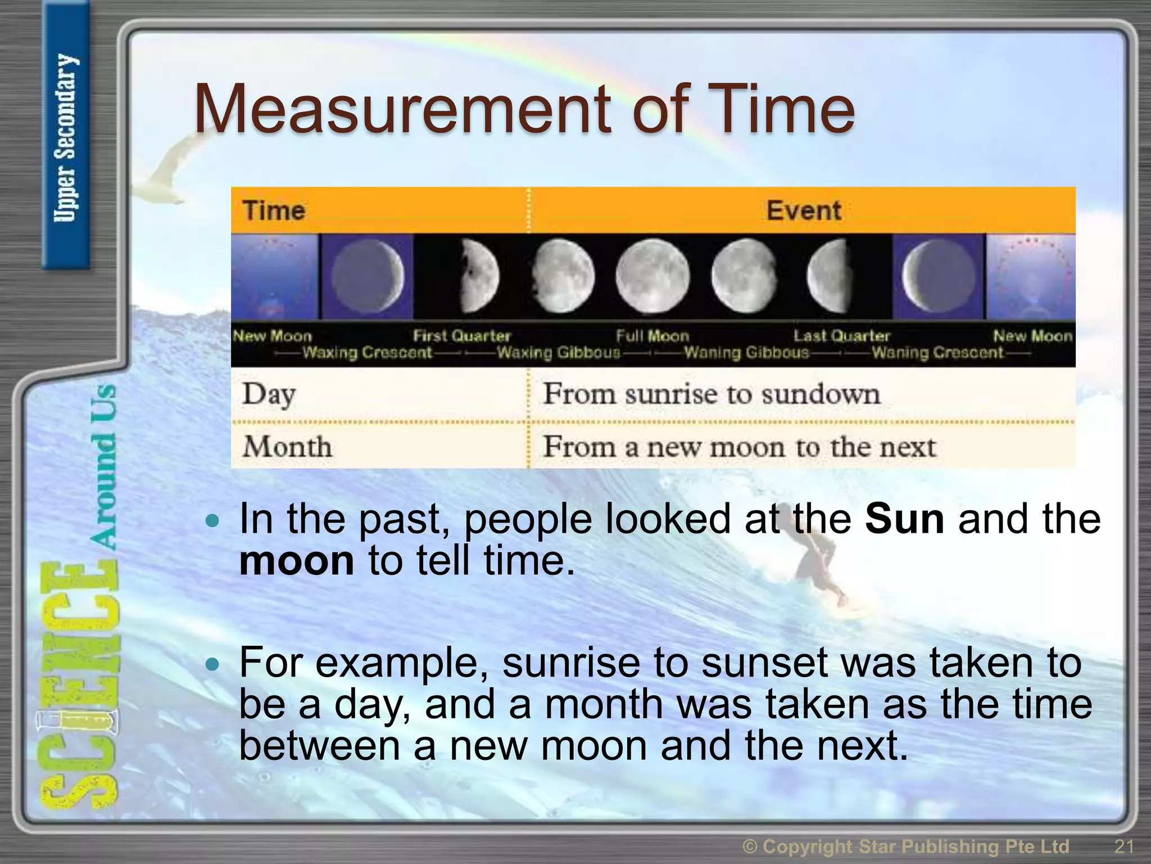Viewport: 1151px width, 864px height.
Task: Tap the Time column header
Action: (x=274, y=211)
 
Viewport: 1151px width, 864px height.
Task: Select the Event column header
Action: (x=803, y=211)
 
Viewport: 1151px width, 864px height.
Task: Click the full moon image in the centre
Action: (x=652, y=276)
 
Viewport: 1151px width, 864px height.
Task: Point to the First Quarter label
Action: (x=461, y=336)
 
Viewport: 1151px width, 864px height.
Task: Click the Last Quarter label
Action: (x=841, y=336)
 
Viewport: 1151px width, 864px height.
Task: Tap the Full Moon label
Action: (x=652, y=336)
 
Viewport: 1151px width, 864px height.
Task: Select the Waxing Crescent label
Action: (x=367, y=353)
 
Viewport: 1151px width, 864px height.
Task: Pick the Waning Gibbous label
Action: (x=746, y=353)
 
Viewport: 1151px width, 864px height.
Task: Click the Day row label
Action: (x=269, y=394)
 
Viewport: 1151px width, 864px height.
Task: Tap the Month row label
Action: (x=287, y=447)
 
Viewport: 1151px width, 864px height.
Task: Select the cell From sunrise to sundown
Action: (x=711, y=394)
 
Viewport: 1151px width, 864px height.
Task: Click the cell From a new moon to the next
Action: (x=739, y=447)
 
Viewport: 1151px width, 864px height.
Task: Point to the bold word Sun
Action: (x=904, y=519)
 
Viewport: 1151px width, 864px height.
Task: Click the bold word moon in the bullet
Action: (x=296, y=561)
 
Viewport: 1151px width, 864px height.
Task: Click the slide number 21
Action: (x=1123, y=846)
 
